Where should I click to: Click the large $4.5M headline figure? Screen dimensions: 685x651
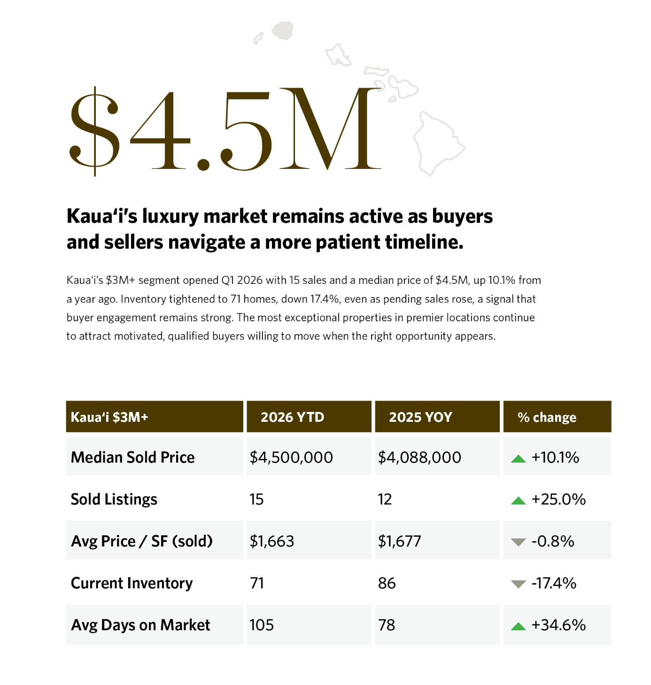pyautogui.click(x=225, y=129)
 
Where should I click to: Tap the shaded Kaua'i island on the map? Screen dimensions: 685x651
pyautogui.click(x=283, y=30)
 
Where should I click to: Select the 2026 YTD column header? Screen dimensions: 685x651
pyautogui.click(x=292, y=417)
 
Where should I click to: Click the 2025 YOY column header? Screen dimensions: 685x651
pyautogui.click(x=420, y=417)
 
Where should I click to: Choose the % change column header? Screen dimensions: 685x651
pyautogui.click(x=547, y=417)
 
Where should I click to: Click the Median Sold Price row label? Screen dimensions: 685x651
pyautogui.click(x=132, y=457)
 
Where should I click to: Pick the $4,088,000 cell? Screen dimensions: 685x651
pyautogui.click(x=419, y=457)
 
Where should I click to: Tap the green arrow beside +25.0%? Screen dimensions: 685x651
pyautogui.click(x=518, y=501)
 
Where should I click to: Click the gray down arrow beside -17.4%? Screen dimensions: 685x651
pyautogui.click(x=518, y=584)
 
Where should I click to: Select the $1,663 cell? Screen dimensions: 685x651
pyautogui.click(x=271, y=541)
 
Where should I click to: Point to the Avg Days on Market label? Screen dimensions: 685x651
pyautogui.click(x=140, y=625)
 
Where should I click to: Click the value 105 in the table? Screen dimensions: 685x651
pyautogui.click(x=261, y=625)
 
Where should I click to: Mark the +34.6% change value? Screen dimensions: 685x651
pyautogui.click(x=558, y=625)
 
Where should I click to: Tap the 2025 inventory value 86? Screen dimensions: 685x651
pyautogui.click(x=387, y=583)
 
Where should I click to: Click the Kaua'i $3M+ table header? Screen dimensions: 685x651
pyautogui.click(x=109, y=417)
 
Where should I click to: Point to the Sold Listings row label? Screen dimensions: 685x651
pyautogui.click(x=114, y=499)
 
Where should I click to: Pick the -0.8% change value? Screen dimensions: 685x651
pyautogui.click(x=553, y=541)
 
